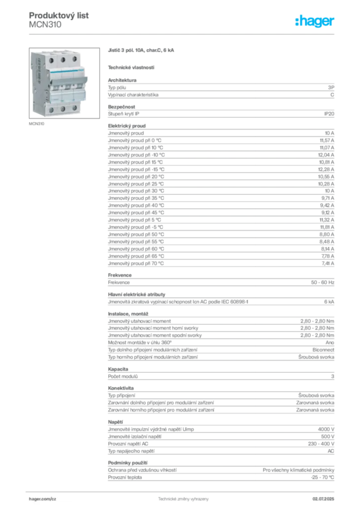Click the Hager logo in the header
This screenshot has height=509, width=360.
pos(314,21)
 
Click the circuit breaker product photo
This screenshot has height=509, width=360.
pos(64,83)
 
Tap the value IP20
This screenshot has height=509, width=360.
pos(329,114)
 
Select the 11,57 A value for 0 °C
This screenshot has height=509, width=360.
pos(327,141)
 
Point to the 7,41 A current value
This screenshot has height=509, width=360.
pos(328,263)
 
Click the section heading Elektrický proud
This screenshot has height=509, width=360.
pos(127,126)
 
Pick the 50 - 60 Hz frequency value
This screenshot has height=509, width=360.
pos(322,282)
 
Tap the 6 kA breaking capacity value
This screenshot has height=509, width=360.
pos(329,302)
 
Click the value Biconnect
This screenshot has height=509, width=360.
pos(323,350)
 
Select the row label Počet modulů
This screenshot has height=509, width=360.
pos(123,377)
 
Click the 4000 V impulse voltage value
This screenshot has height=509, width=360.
pos(326,429)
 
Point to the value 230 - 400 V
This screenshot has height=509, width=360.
pos(321,444)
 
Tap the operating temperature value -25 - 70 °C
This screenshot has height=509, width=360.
pos(322,478)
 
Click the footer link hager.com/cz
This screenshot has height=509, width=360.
pos(42,499)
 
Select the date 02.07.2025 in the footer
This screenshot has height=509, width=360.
pos(323,499)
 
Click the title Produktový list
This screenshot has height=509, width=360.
pos(59,15)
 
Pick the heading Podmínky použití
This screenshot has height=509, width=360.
pos(128,463)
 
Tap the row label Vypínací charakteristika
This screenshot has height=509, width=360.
pos(133,95)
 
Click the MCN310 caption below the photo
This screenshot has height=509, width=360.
pos(36,124)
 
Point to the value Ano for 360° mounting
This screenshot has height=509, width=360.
pos(330,343)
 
